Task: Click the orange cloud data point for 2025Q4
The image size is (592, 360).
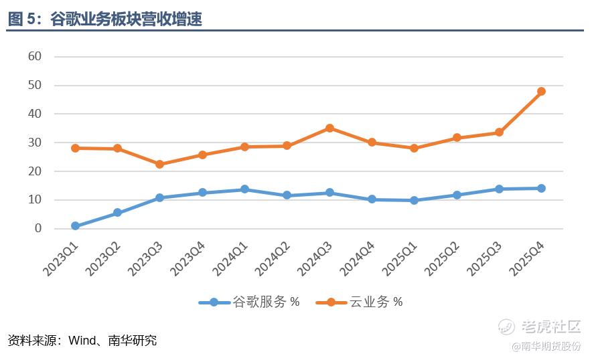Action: pyautogui.click(x=541, y=92)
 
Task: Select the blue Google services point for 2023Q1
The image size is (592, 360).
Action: pyautogui.click(x=75, y=226)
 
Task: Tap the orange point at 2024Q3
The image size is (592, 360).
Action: pyautogui.click(x=329, y=128)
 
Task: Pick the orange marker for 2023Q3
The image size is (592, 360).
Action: pyautogui.click(x=160, y=164)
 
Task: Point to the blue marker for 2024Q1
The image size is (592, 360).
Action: pyautogui.click(x=244, y=189)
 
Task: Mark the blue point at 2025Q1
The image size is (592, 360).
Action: pyautogui.click(x=414, y=200)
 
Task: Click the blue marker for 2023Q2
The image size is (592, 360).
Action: pyautogui.click(x=117, y=213)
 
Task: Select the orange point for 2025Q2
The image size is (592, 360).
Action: pyautogui.click(x=457, y=138)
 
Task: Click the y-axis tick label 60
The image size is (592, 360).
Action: pyautogui.click(x=35, y=56)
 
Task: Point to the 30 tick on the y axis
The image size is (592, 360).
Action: pyautogui.click(x=35, y=143)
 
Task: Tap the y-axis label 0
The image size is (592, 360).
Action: pyautogui.click(x=38, y=228)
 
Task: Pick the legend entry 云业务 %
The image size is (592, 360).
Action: pyautogui.click(x=376, y=302)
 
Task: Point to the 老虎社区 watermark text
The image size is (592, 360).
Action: pyautogui.click(x=550, y=327)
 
